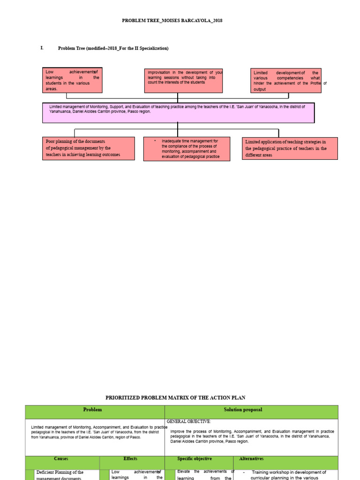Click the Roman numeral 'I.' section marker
(x=42, y=48)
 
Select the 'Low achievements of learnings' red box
(x=72, y=80)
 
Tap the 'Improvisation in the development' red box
(x=183, y=80)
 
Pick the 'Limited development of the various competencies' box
(x=285, y=80)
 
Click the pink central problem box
(x=178, y=113)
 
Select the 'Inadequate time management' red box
(x=187, y=149)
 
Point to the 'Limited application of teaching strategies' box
(x=290, y=148)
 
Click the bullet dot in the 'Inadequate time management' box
(x=155, y=140)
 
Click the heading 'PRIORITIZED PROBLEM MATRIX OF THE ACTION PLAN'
(x=175, y=397)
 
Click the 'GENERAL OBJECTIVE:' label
(x=189, y=421)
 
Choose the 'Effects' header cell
(x=131, y=459)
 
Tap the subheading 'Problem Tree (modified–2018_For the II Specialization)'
(x=113, y=48)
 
